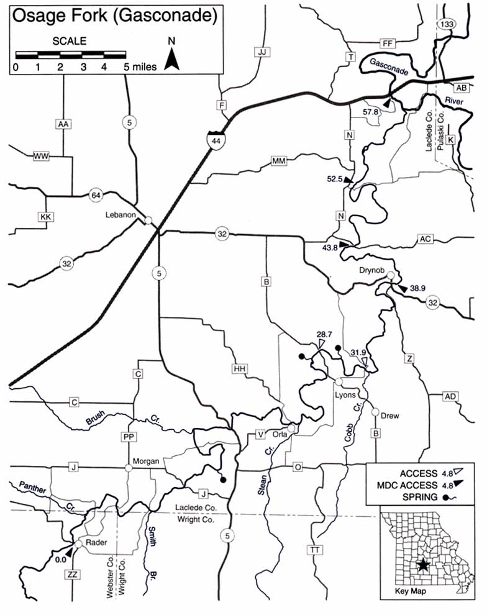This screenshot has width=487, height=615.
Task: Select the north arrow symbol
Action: pyautogui.click(x=172, y=59)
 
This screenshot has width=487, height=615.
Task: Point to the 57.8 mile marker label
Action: pyautogui.click(x=371, y=112)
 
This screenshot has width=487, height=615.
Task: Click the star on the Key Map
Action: pyautogui.click(x=423, y=564)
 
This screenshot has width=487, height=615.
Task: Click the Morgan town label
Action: pyautogui.click(x=147, y=462)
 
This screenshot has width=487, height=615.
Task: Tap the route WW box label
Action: pyautogui.click(x=41, y=157)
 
